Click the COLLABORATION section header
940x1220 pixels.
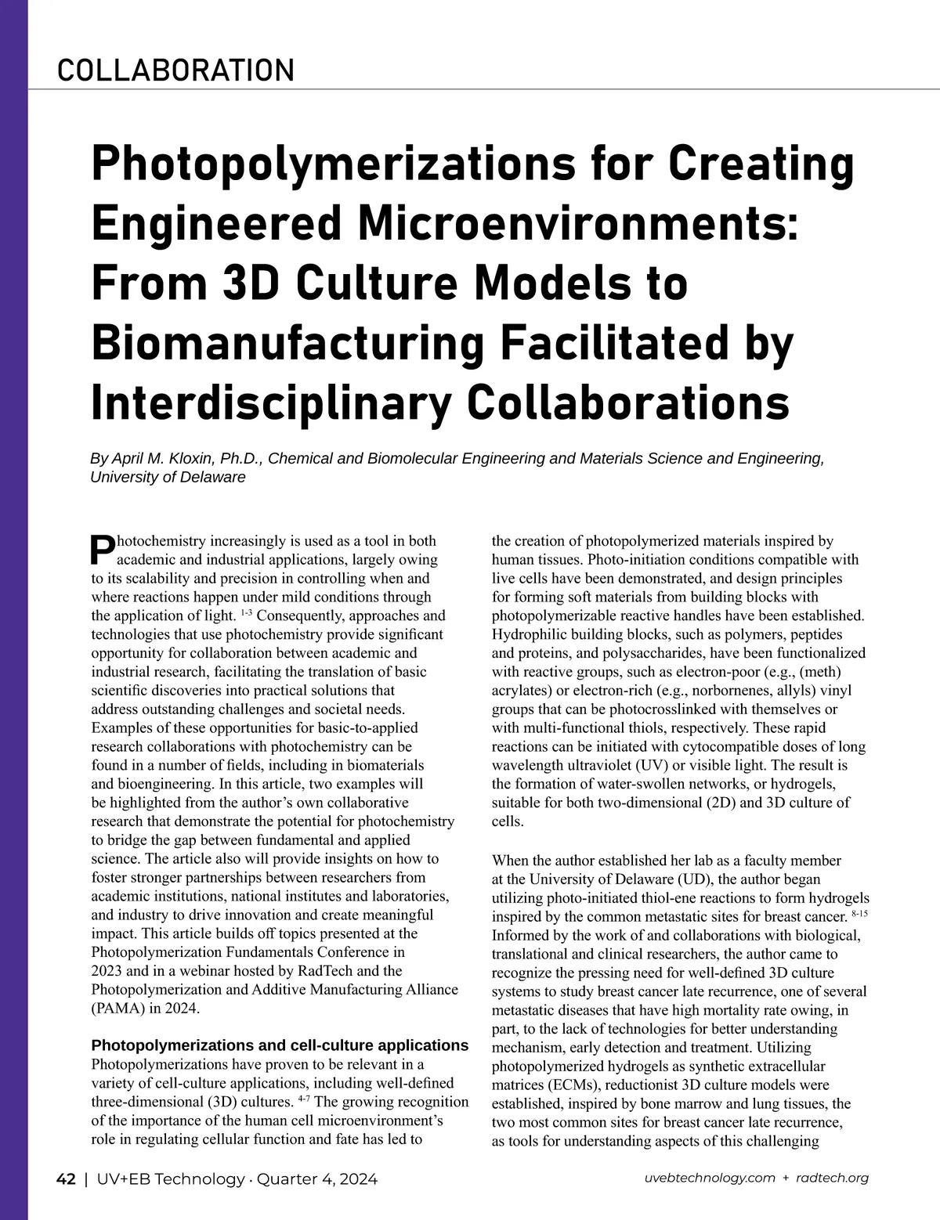175,70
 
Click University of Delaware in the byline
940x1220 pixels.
168,477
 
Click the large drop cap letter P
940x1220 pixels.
103,550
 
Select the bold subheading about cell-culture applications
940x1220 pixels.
280,1045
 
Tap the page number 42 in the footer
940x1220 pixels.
66,1178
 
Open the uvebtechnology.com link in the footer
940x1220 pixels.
710,1178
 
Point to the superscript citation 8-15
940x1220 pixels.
859,914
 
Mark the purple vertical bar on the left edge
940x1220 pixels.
13,610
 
